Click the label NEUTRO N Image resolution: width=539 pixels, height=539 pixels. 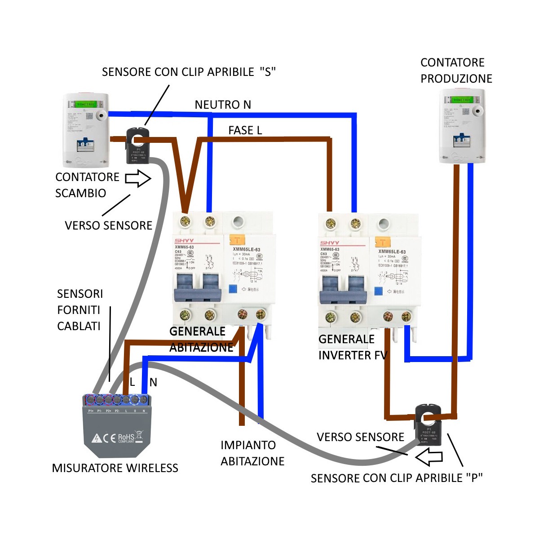tap(223, 105)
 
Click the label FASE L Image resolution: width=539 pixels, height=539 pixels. tap(245, 130)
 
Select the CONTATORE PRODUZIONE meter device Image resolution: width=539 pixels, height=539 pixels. tap(462, 125)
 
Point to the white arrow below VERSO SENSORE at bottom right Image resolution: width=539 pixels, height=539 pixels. tap(429, 458)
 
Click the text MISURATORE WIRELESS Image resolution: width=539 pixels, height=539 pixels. tap(115, 468)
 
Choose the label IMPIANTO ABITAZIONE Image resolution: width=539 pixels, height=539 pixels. tap(252, 453)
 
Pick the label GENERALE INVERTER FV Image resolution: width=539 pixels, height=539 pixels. tap(353, 347)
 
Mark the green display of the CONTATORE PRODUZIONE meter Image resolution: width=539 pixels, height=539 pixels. tap(461, 100)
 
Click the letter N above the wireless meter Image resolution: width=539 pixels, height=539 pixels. tap(153, 382)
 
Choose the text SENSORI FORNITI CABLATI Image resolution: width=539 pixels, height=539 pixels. tap(80, 310)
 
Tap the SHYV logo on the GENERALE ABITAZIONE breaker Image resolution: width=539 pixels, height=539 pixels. tap(184, 241)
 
